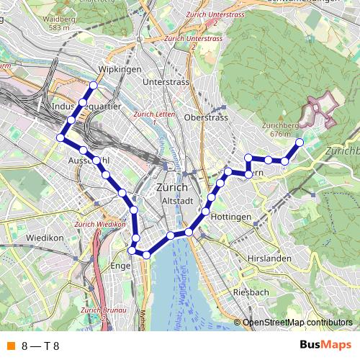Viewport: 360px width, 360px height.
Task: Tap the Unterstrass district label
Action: point(166,83)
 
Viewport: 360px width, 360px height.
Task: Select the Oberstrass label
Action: point(207,117)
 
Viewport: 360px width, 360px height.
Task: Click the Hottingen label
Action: point(232,217)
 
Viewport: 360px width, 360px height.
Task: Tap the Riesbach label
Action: point(251,292)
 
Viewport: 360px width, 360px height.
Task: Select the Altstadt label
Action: point(176,200)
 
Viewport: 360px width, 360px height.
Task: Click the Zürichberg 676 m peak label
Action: point(282,129)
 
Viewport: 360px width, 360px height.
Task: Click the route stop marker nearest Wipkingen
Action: point(92,86)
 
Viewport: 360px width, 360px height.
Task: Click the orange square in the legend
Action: point(9,346)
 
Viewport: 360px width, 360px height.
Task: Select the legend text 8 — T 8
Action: point(40,346)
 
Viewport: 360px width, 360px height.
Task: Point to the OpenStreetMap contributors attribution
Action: point(297,323)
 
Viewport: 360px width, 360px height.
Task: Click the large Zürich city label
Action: point(171,187)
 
